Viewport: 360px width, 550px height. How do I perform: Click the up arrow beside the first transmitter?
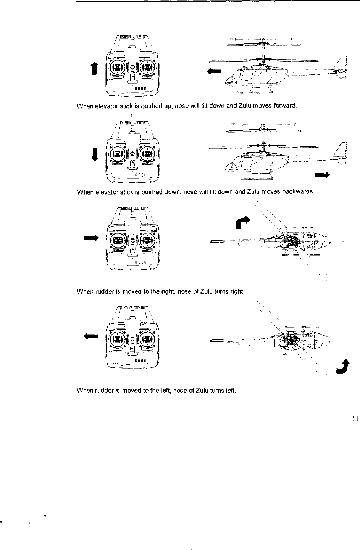click(98, 69)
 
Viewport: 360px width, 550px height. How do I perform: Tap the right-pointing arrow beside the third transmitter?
click(92, 238)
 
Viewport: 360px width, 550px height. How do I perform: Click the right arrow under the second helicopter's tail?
click(322, 175)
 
